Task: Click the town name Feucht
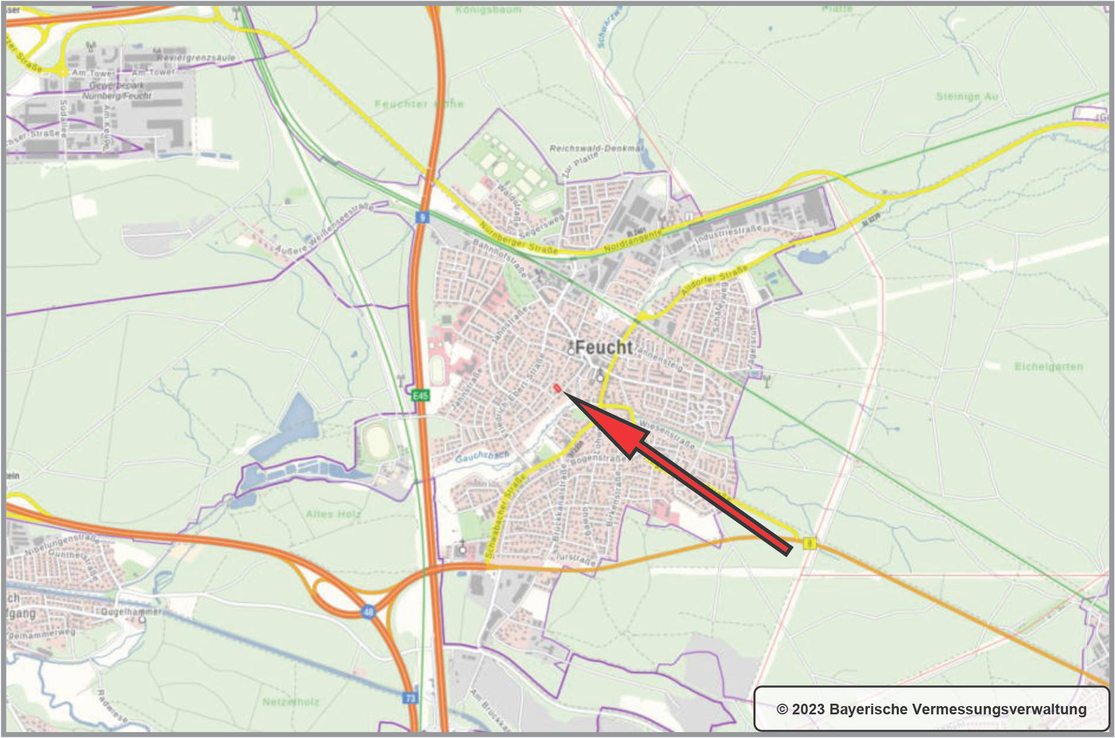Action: pos(603,347)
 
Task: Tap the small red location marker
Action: pos(557,389)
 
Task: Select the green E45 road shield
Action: pos(420,395)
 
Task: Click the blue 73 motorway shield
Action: pos(411,698)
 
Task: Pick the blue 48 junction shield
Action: pos(368,612)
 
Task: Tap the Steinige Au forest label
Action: pos(967,96)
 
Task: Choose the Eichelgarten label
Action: pos(1048,367)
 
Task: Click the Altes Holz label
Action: pos(333,514)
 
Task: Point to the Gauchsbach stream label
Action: pos(482,457)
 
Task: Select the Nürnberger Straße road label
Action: pos(518,239)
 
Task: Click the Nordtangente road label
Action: pos(633,241)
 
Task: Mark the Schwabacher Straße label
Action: pos(505,519)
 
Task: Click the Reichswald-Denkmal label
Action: pos(596,148)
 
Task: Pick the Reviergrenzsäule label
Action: pos(196,57)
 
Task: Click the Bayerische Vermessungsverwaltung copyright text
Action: pos(931,709)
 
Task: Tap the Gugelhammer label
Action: pos(131,611)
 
